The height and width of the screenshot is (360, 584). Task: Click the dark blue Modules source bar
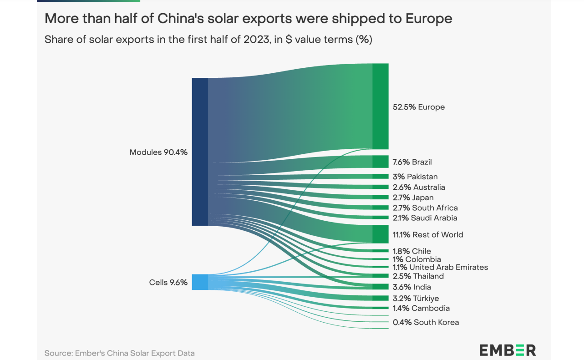click(x=200, y=152)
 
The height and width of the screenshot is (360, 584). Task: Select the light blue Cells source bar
click(x=200, y=282)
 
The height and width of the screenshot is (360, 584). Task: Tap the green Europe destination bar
click(x=380, y=106)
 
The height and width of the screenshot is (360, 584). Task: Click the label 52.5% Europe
click(x=418, y=107)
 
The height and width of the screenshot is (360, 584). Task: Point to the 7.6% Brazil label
click(x=412, y=162)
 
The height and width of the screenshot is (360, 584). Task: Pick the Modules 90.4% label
click(x=158, y=152)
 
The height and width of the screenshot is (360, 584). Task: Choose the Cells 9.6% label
click(x=168, y=282)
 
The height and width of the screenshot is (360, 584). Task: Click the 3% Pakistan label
click(x=415, y=177)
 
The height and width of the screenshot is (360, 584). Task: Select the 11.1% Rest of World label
click(x=427, y=235)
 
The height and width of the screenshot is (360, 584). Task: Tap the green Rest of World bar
click(x=380, y=234)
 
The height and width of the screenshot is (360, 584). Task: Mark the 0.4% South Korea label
click(x=426, y=322)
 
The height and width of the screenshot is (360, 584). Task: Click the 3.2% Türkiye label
click(x=416, y=299)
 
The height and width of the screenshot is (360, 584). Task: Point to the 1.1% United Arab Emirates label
click(x=440, y=267)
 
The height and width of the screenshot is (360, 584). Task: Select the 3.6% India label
click(x=411, y=287)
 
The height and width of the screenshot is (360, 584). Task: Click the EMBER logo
click(x=508, y=350)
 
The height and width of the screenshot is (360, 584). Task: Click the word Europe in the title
click(x=422, y=18)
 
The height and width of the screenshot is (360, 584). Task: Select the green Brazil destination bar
click(x=380, y=162)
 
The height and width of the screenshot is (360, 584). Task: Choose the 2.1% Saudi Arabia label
click(x=425, y=218)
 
